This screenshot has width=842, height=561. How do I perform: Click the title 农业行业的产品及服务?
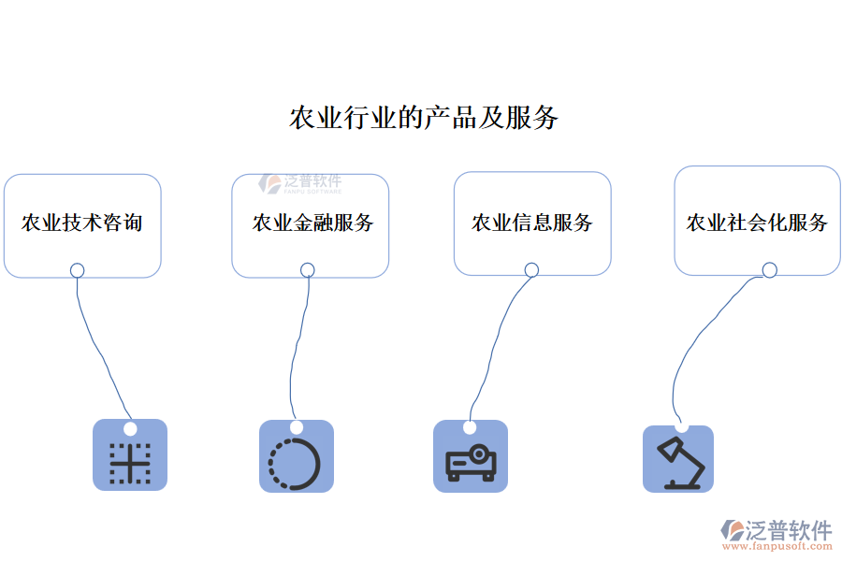pos(424,119)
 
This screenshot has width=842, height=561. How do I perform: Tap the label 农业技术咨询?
pos(82,223)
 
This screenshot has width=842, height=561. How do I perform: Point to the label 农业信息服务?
pos(531,223)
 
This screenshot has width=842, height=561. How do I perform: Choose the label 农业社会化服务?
pos(757,223)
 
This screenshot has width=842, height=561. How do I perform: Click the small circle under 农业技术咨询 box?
pos(78,270)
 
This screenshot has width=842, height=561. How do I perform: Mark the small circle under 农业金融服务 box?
pos(308,270)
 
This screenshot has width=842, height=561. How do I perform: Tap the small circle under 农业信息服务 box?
pos(531,270)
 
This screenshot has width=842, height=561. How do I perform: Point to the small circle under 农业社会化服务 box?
pos(769,270)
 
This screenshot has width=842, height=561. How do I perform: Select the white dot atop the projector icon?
pos(470,427)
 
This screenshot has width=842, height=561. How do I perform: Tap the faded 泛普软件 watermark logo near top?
pos(300,183)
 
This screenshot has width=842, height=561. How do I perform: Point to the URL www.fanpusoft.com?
pos(782,547)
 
